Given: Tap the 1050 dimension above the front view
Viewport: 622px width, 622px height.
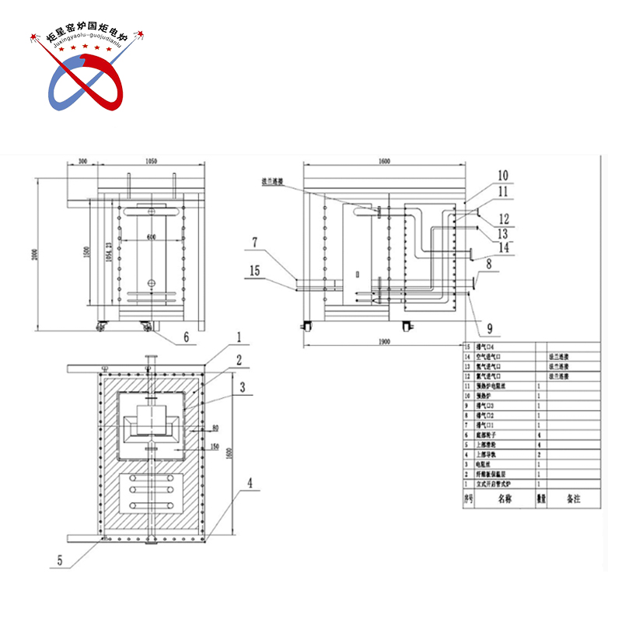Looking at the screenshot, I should point(151,161).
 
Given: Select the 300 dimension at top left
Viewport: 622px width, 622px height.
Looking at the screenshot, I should point(82,161).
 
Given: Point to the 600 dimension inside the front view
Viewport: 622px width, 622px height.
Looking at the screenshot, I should point(151,236).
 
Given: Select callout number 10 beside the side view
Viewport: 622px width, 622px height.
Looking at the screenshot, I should point(503,175).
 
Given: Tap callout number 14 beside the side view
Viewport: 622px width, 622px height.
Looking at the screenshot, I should point(505,246).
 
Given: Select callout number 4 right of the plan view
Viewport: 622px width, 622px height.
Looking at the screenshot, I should point(249,482).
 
